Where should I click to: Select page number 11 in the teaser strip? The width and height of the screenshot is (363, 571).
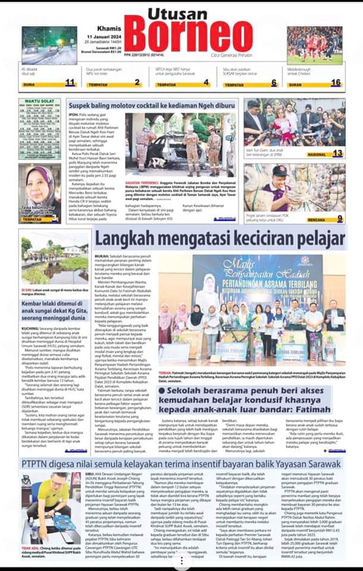click(70, 83)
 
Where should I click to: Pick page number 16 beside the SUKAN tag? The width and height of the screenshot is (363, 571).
click(336, 83)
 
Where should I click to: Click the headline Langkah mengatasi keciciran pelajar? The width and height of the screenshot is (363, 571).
click(220, 239)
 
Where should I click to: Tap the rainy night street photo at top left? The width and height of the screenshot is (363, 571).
click(49, 45)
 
